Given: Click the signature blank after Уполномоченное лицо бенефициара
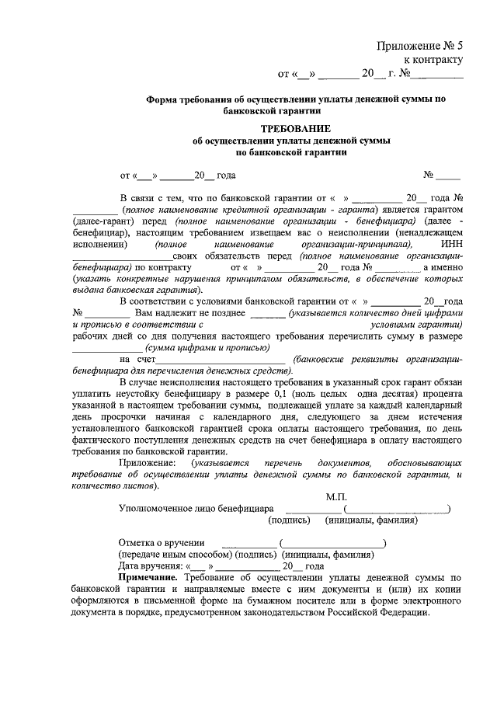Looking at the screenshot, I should (314, 510).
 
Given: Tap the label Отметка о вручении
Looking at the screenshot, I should (162, 542).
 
